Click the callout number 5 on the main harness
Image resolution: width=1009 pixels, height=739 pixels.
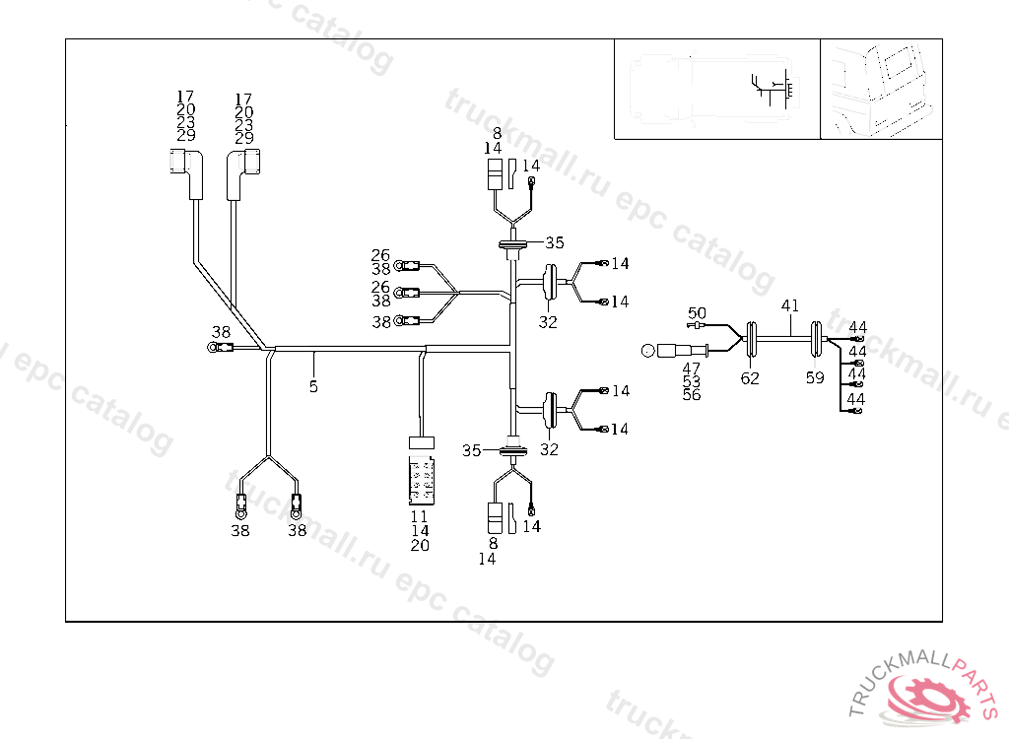pyautogui.click(x=313, y=386)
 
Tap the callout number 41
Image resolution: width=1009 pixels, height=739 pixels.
pyautogui.click(x=790, y=305)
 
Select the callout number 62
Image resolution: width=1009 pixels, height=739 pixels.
pyautogui.click(x=751, y=378)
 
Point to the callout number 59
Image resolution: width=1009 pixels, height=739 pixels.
pyautogui.click(x=815, y=378)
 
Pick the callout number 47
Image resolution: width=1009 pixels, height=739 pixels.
pyautogui.click(x=692, y=368)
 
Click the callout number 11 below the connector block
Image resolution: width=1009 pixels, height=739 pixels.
pyautogui.click(x=420, y=516)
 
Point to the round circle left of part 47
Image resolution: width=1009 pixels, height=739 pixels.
pyautogui.click(x=647, y=350)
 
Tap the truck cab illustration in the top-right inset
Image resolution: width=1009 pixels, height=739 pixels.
pyautogui.click(x=881, y=90)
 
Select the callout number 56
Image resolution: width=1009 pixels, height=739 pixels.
pyautogui.click(x=692, y=395)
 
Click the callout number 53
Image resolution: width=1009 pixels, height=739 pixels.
pyautogui.click(x=692, y=381)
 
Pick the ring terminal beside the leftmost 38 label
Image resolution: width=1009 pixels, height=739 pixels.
pyautogui.click(x=213, y=346)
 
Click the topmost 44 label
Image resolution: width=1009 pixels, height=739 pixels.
pyautogui.click(x=858, y=327)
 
